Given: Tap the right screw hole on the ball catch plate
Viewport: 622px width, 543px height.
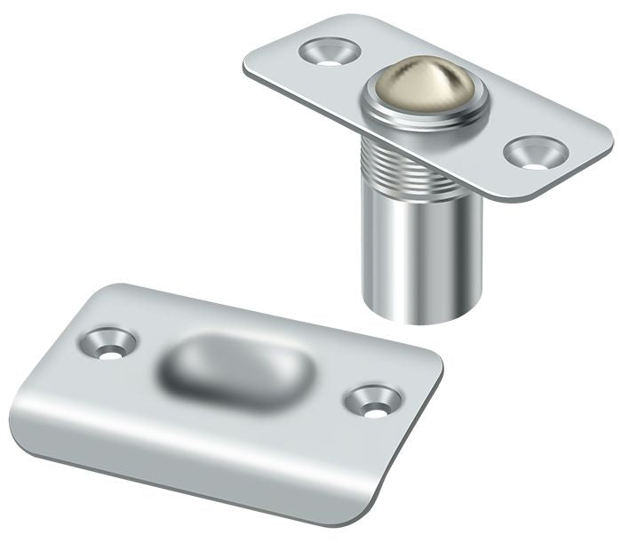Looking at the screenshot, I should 532,153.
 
